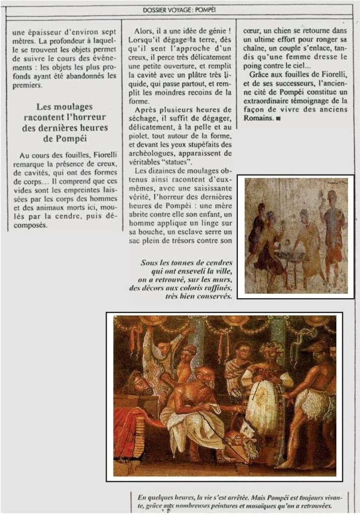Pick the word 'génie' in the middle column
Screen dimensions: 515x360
[211, 31]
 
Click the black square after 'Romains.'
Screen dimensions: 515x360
[278, 119]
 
